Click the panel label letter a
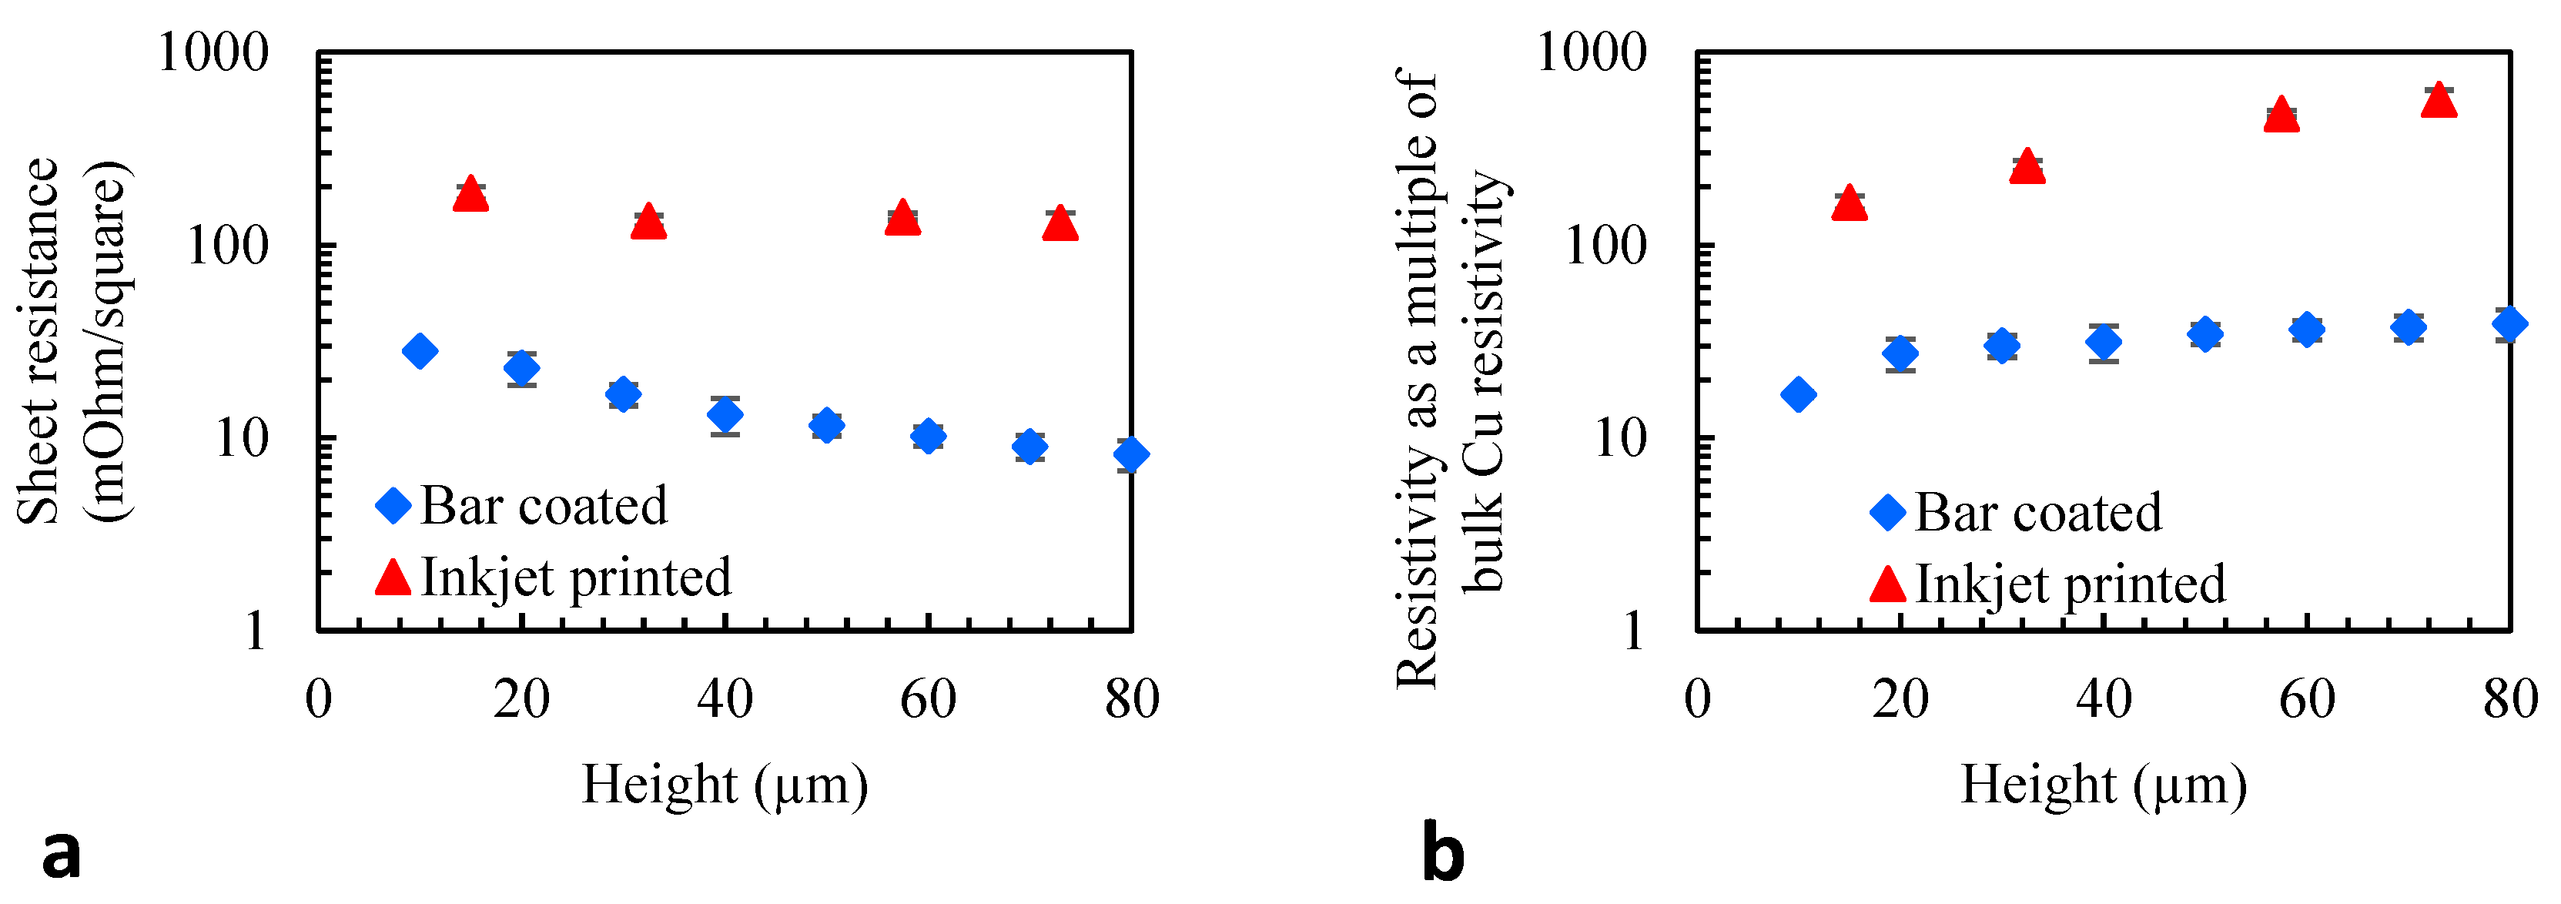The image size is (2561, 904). (62, 854)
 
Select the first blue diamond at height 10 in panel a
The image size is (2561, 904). (420, 351)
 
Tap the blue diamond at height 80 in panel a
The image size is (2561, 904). (1130, 454)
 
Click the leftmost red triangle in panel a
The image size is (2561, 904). (470, 195)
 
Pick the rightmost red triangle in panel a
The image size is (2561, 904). (1060, 225)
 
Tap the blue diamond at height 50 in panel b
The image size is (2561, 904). (2205, 334)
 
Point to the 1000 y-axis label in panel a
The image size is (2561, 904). (213, 52)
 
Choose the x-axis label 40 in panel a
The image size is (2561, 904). (725, 699)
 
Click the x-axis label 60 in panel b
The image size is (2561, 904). (2306, 699)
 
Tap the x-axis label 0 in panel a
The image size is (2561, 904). (318, 699)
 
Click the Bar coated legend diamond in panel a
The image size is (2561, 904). (393, 506)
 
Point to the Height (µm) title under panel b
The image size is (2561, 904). (2103, 785)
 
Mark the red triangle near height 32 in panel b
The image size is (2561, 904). (2026, 168)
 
